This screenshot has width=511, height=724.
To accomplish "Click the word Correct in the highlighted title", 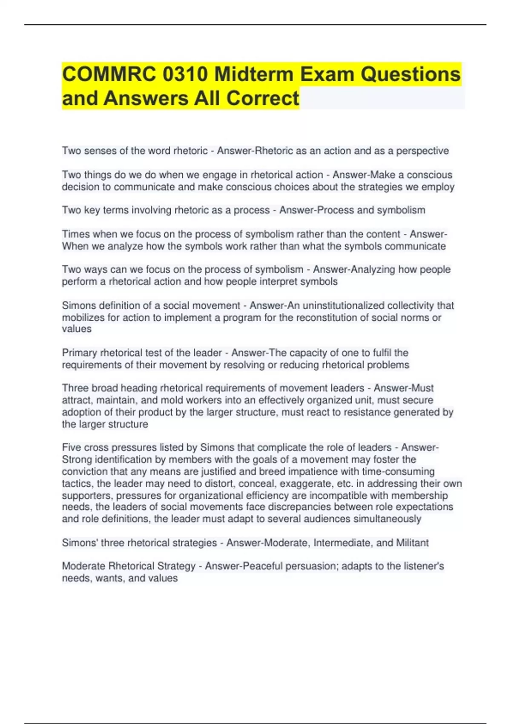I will click(x=263, y=98).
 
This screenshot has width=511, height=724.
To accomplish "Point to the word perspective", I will click(x=422, y=151).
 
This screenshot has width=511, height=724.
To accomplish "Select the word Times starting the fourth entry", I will click(x=76, y=234).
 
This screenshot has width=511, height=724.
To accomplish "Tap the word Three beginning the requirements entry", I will click(x=75, y=388).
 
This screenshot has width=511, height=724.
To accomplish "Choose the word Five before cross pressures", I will click(x=72, y=447).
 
